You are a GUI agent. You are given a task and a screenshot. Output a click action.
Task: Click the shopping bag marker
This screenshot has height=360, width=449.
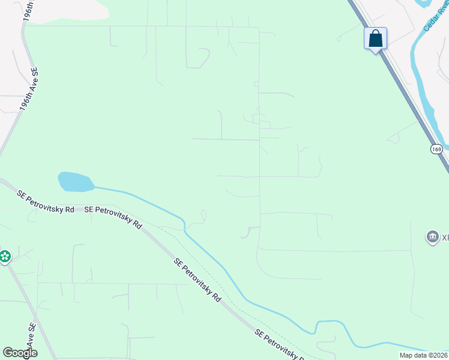(376, 39)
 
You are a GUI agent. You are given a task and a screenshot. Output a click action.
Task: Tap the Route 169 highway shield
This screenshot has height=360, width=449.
(436, 148)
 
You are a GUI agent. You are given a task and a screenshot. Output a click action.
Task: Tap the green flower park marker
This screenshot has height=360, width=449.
(5, 257)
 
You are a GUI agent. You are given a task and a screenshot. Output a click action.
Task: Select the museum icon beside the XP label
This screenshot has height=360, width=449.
(432, 238)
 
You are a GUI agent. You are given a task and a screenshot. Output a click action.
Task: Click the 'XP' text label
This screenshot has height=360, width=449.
(445, 238)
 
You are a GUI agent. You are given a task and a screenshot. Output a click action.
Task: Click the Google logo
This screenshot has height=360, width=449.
(20, 353)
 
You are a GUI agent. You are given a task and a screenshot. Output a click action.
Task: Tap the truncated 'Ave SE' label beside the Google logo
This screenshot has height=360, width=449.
(32, 333)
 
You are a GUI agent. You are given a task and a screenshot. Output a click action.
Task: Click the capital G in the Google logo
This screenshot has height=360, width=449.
(8, 353)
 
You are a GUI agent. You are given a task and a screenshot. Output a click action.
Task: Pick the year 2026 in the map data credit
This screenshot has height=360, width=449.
(439, 355)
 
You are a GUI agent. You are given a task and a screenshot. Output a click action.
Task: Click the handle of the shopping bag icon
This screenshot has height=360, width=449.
(376, 34)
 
